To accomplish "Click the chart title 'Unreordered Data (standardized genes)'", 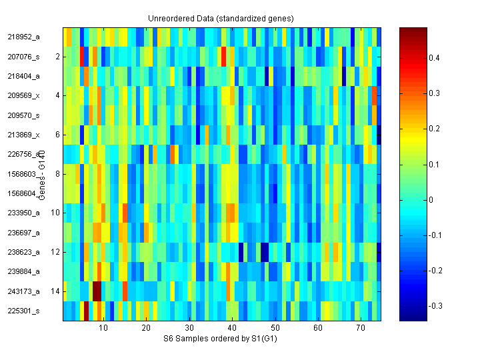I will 221,18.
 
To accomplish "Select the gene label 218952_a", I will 24,37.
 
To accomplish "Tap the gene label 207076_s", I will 24,57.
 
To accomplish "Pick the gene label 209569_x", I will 24,96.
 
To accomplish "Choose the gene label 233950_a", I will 24,213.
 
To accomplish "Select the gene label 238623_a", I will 24,252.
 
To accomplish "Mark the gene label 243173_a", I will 24,291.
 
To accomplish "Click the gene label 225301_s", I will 24,311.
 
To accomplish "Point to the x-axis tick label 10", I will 103,329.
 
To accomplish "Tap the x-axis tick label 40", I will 232,329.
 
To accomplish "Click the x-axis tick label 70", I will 361,329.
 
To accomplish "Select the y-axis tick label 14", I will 55,291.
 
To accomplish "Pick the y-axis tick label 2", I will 57,57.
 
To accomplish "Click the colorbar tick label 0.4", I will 434,58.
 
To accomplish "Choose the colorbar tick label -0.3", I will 435,305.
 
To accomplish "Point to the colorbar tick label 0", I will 431,199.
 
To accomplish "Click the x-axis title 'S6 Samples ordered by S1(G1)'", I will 220,339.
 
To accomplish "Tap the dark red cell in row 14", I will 97,291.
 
